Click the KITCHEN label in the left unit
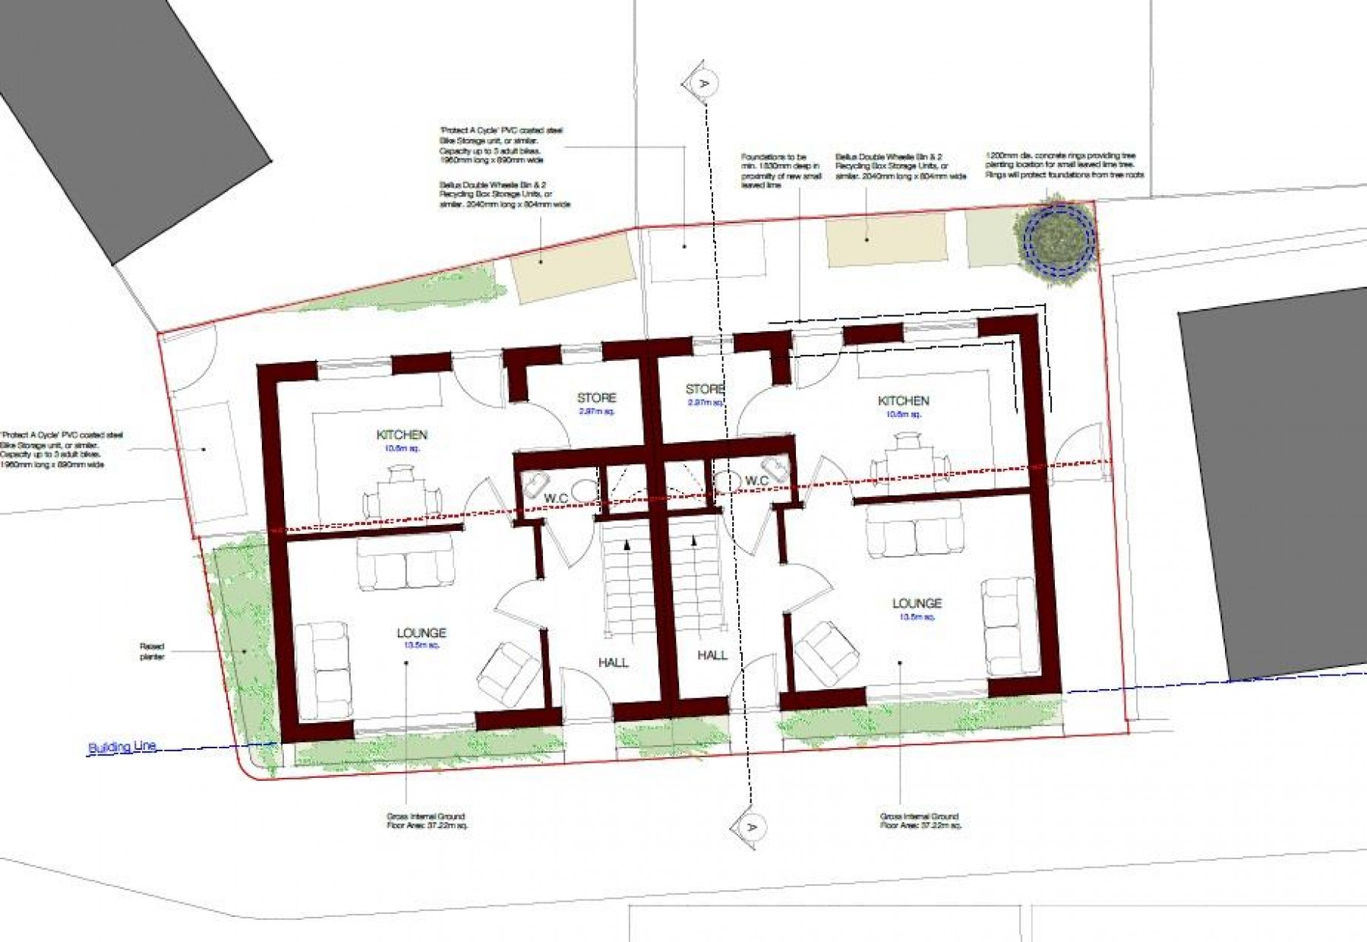pyautogui.click(x=402, y=435)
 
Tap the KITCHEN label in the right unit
pyautogui.click(x=903, y=401)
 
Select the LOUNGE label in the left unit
pyautogui.click(x=421, y=633)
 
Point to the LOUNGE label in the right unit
pyautogui.click(x=917, y=603)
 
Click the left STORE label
pyautogui.click(x=596, y=398)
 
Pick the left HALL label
pyautogui.click(x=613, y=662)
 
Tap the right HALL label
pyautogui.click(x=712, y=655)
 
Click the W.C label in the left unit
pyautogui.click(x=556, y=498)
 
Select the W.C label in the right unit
pyautogui.click(x=757, y=481)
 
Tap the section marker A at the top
pyautogui.click(x=702, y=83)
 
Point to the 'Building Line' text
pyautogui.click(x=122, y=748)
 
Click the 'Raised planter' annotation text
pyautogui.click(x=152, y=652)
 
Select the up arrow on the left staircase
pyautogui.click(x=627, y=544)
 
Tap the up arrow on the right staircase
pyautogui.click(x=694, y=542)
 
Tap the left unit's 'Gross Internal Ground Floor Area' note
pyautogui.click(x=425, y=820)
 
